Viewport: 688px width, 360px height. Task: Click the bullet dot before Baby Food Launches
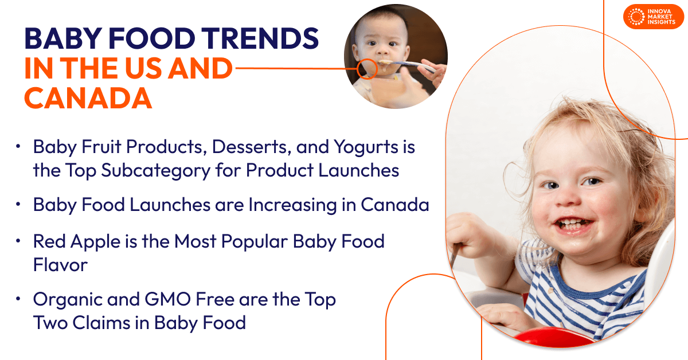point(19,205)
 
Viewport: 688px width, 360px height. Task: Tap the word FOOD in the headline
point(155,40)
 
